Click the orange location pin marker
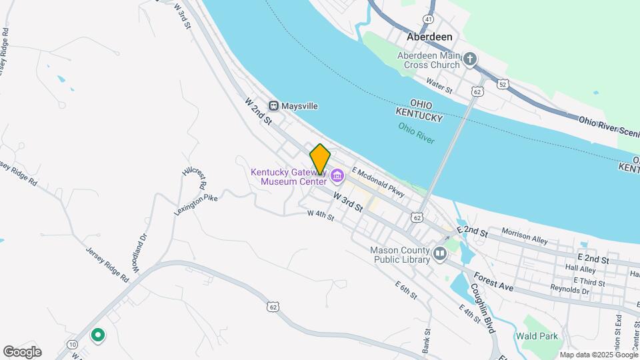click(320, 158)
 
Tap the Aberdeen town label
click(430, 37)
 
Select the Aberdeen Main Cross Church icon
click(470, 60)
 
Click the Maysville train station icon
click(273, 106)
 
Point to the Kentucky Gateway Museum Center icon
click(336, 177)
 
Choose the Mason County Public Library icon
click(440, 254)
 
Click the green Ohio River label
click(416, 133)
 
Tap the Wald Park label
click(540, 336)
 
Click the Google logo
click(22, 351)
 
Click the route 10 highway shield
click(71, 343)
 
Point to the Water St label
click(439, 85)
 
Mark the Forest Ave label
click(494, 282)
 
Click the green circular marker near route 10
click(98, 335)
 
